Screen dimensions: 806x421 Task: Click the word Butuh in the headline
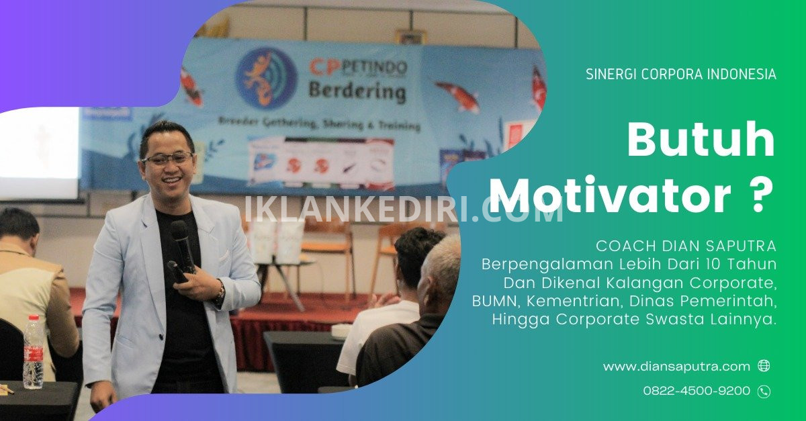701,140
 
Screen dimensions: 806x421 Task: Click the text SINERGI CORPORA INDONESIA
681,75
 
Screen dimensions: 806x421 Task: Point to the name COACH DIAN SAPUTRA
686,246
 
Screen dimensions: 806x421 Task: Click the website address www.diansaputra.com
676,367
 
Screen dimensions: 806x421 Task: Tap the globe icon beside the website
764,365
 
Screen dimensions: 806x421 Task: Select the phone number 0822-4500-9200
697,390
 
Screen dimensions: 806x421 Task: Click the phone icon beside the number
764,391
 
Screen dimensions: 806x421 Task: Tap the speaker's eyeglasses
167,158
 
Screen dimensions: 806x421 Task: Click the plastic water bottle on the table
33,353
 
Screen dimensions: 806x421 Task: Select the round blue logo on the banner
267,77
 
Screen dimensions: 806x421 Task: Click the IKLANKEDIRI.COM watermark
404,209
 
